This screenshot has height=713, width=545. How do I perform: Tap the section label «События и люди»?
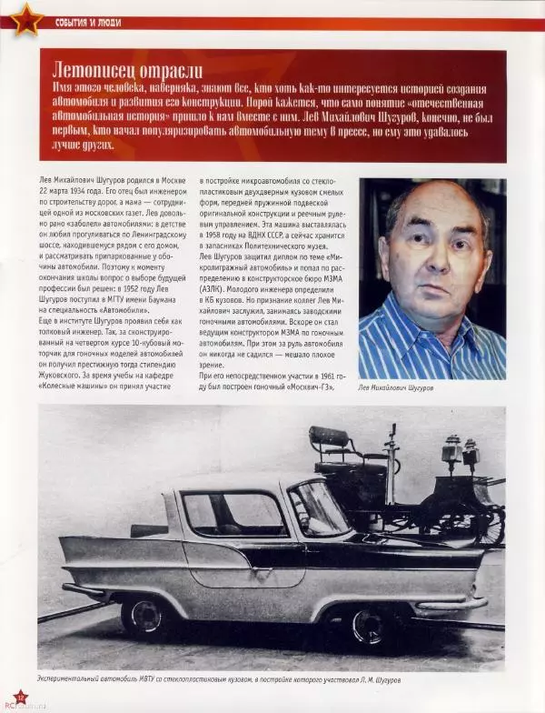(x=87, y=21)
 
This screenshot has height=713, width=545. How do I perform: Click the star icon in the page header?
(x=25, y=18)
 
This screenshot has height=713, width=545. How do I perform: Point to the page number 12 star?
(x=19, y=698)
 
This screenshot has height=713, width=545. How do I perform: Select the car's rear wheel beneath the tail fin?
(x=145, y=614)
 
